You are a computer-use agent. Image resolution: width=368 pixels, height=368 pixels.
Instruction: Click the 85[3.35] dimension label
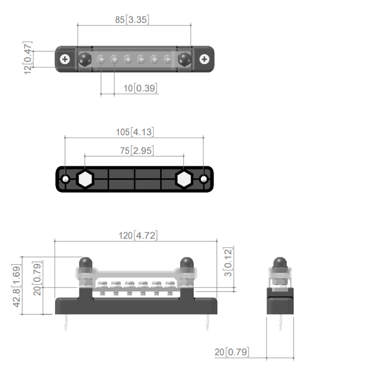coord(132,20)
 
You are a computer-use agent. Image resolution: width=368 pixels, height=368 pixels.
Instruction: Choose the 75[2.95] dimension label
coord(137,151)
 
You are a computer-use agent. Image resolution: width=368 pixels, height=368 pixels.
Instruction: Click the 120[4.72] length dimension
coord(138,235)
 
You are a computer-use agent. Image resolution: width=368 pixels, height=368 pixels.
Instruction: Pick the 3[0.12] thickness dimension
coord(229,262)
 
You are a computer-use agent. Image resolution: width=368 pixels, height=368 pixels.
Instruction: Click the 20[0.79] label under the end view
coord(232,352)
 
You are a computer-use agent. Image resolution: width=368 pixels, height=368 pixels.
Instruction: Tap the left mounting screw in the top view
coord(65,59)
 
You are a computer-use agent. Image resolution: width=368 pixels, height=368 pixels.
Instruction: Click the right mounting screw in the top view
coord(204,59)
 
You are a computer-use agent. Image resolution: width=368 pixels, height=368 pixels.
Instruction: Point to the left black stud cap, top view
coord(85,59)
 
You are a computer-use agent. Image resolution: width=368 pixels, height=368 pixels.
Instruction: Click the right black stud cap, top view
coord(184,59)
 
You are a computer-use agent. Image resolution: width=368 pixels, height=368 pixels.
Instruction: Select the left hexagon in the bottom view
coord(85,179)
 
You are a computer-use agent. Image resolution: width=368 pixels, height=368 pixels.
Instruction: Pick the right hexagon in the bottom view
coord(184,179)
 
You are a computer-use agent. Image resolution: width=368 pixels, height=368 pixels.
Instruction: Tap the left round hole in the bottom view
coord(66,179)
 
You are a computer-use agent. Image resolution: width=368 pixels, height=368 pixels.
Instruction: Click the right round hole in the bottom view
coord(204,179)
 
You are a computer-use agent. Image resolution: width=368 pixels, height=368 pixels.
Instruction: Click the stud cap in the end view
coord(280,263)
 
